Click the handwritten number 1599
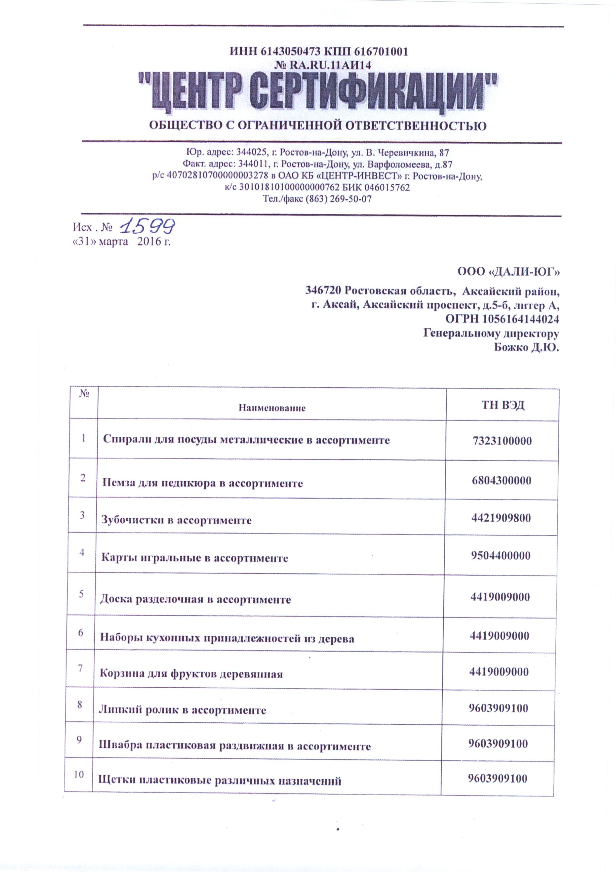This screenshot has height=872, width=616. (x=147, y=226)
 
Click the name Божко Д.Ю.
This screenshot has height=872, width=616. (x=526, y=347)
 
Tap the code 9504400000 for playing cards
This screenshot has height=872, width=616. (x=500, y=556)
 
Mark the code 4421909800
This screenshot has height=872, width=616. (x=501, y=518)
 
